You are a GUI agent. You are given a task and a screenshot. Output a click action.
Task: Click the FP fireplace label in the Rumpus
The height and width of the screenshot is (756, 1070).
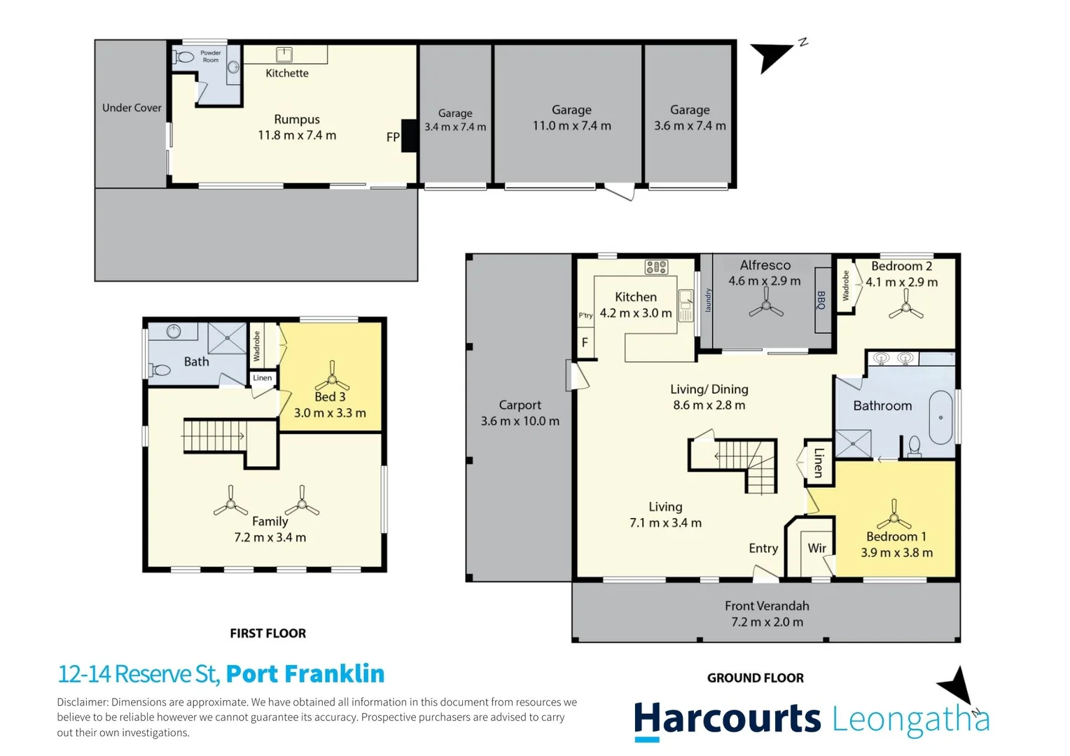(x=393, y=137)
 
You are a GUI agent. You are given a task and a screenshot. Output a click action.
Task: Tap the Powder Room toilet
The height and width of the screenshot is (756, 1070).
(x=183, y=57)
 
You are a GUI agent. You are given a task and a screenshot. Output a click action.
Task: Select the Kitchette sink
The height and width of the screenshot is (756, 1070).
(x=284, y=55)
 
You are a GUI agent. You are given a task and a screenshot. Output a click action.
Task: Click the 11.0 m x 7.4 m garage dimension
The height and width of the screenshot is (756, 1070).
(x=572, y=126)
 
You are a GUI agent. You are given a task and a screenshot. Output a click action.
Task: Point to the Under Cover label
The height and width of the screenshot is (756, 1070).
(x=132, y=108)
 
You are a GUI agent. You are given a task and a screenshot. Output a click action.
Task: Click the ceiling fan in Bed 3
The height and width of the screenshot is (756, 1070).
(x=332, y=377)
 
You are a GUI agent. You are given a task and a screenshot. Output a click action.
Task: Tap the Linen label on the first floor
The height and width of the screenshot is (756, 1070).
(x=262, y=378)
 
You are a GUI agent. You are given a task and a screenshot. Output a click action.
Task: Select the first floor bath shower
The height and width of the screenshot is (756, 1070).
(x=228, y=338)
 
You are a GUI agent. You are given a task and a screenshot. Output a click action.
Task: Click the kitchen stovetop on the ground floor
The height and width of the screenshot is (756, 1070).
(x=656, y=267)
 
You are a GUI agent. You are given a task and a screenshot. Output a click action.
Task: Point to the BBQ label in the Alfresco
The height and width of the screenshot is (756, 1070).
(x=821, y=300)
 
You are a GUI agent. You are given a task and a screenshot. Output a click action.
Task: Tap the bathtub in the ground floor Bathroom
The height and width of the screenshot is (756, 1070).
(x=940, y=418)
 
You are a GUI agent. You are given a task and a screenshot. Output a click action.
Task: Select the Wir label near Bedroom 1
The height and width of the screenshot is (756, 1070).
(x=817, y=548)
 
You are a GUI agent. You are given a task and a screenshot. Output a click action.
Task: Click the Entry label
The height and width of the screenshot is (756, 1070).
(x=763, y=549)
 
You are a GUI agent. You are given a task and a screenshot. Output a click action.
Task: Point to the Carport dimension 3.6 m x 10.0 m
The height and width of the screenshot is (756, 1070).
(x=520, y=421)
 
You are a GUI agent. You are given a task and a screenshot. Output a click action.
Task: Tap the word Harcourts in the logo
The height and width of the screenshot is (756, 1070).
(x=728, y=718)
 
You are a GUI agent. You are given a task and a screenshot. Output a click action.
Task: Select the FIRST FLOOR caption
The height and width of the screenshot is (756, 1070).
(x=268, y=633)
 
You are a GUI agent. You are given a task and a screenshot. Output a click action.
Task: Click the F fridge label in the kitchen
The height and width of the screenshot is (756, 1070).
(x=585, y=342)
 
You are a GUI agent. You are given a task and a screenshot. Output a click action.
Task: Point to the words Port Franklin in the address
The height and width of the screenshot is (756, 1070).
(x=305, y=674)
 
